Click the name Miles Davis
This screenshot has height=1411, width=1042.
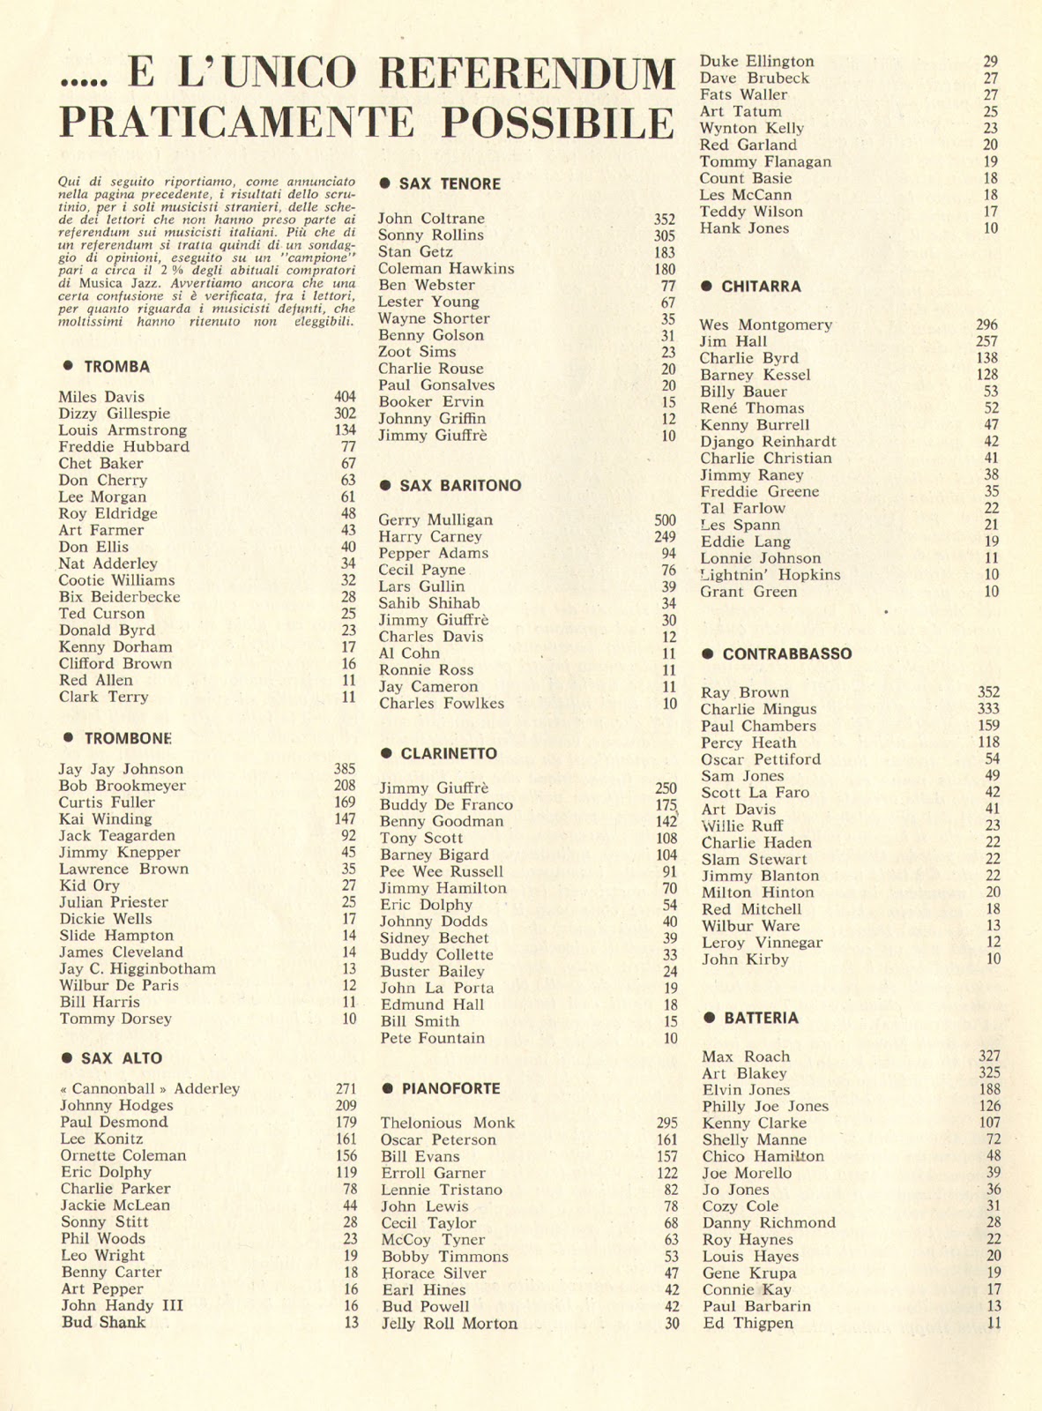pos(101,397)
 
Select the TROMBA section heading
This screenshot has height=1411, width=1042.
pos(116,367)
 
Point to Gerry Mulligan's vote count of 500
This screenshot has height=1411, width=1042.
pos(665,520)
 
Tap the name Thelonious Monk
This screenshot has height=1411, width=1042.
pos(447,1123)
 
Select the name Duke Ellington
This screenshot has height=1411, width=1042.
pos(756,62)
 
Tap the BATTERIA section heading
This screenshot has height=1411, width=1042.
pos(761,1019)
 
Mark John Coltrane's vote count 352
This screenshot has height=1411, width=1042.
pos(665,220)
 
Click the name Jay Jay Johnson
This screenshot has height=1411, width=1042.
pos(121,769)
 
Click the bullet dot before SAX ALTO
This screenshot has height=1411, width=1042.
pos(66,1057)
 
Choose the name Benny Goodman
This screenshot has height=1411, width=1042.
pos(442,822)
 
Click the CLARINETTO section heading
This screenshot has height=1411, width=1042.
pos(448,754)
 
